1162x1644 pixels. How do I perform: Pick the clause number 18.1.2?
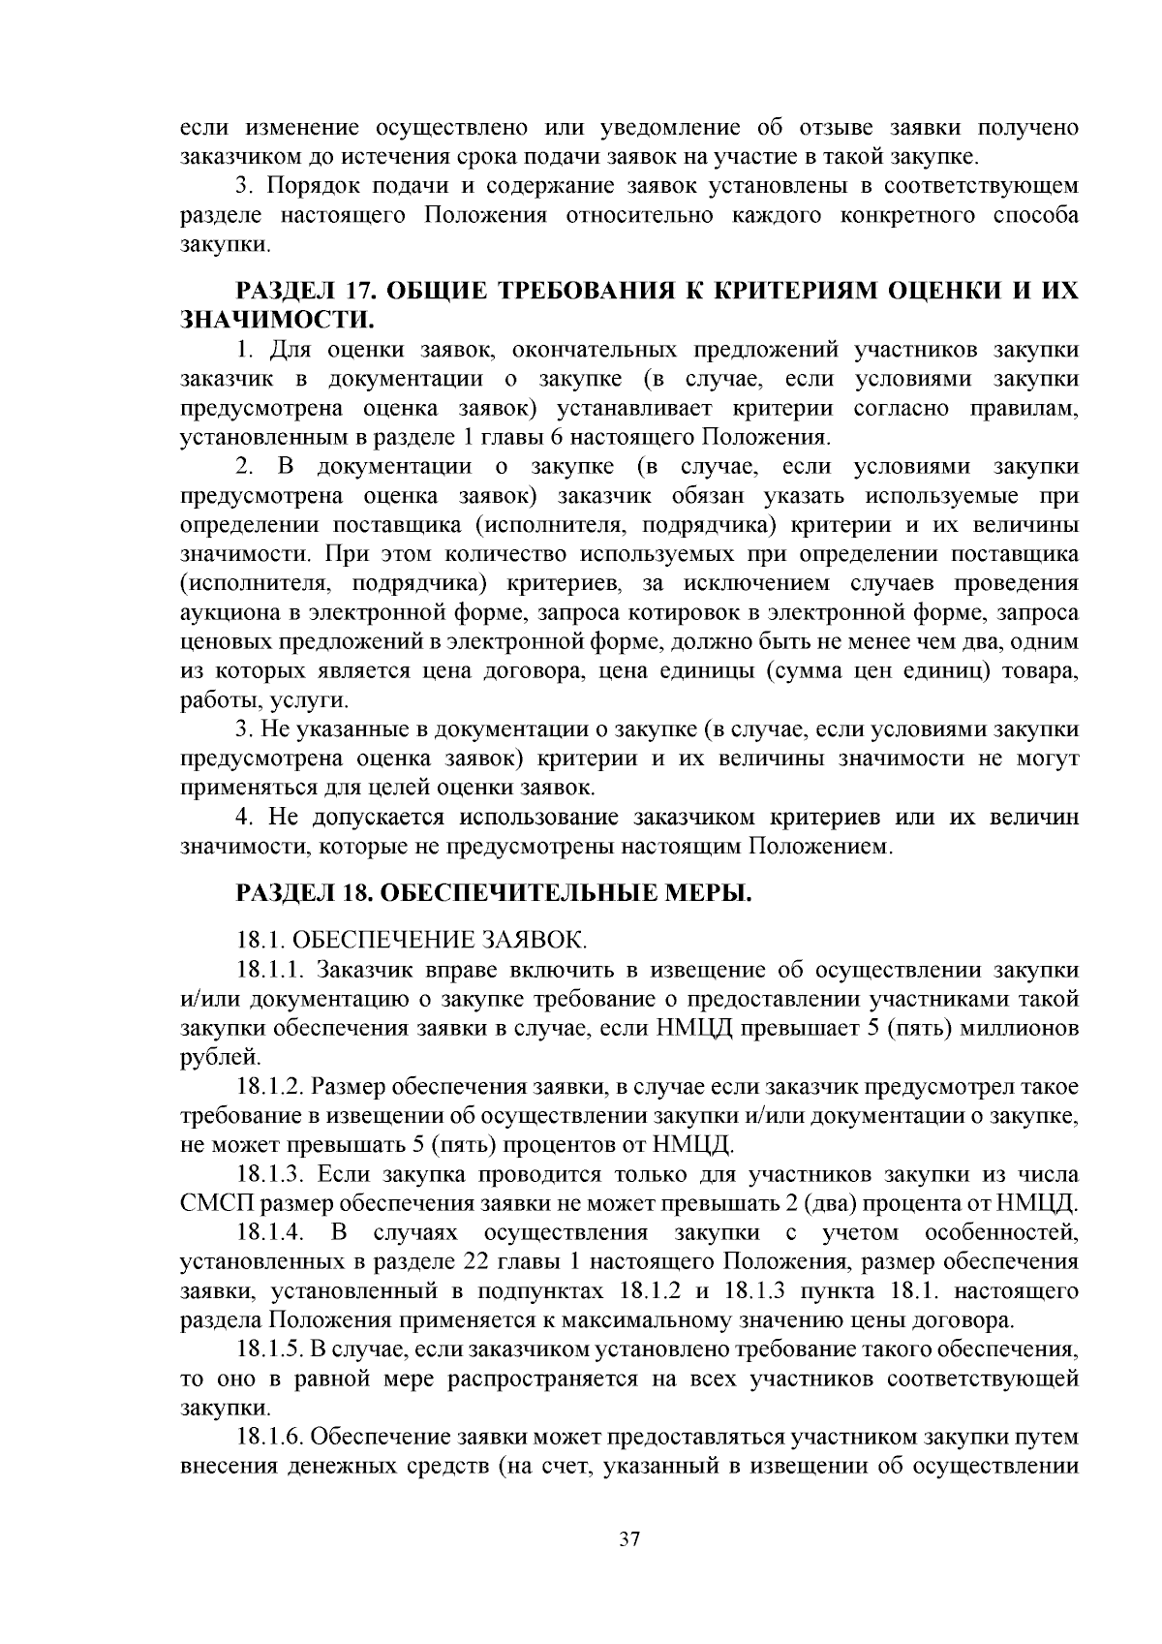click(x=271, y=1088)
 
